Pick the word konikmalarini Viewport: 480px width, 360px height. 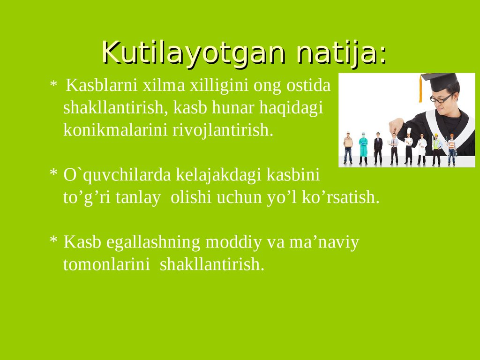pos(116,130)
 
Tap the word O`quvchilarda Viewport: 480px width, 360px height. pos(118,175)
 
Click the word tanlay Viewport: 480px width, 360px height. pos(142,197)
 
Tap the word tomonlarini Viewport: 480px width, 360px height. pos(106,264)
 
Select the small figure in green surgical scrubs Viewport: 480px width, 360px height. pos(363,148)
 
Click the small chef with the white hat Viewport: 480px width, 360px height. pos(408,148)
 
